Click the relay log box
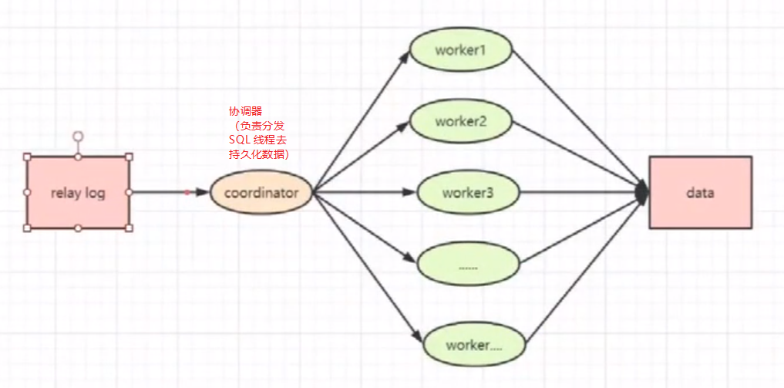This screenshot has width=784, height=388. (x=78, y=193)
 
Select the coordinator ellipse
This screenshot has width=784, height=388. (x=261, y=193)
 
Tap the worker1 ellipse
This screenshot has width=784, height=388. (x=461, y=51)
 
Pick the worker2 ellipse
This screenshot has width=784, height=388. (x=461, y=122)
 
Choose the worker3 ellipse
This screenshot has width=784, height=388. (x=468, y=193)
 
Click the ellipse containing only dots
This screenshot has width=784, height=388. (x=468, y=265)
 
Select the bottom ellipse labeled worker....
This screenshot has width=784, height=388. (x=474, y=345)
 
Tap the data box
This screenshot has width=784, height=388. (x=700, y=193)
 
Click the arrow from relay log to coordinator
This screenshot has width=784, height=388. (x=166, y=192)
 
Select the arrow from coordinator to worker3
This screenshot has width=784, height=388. (x=362, y=192)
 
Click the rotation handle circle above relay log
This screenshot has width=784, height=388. (x=78, y=136)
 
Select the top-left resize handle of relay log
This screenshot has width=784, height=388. (x=27, y=157)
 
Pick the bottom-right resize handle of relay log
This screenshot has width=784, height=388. (x=129, y=228)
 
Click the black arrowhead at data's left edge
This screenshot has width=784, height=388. (x=642, y=193)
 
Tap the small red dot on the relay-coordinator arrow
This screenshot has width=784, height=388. (x=187, y=192)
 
